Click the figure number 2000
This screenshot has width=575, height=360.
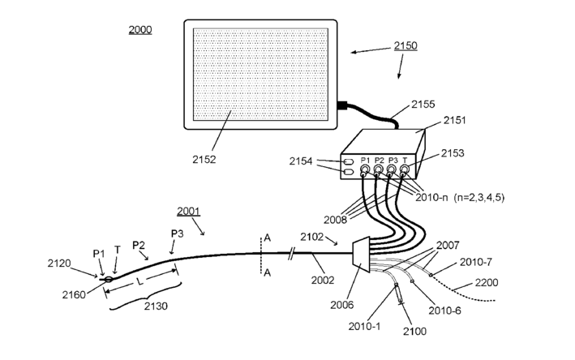(x=139, y=30)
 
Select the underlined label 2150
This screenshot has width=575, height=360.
(x=406, y=46)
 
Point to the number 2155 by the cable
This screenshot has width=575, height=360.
(x=423, y=104)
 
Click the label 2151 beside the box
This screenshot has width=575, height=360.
(x=455, y=120)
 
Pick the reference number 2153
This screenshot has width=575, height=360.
(x=454, y=153)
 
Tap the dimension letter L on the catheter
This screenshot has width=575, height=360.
(x=139, y=281)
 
